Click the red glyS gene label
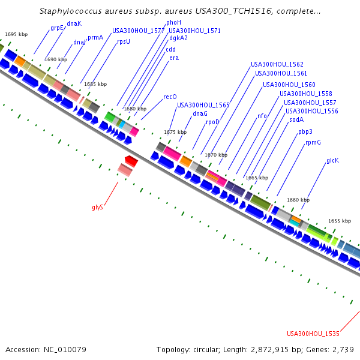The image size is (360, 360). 97,207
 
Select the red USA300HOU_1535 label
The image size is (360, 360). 313,334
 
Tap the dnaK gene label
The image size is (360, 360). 74,23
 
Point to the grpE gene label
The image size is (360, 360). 57,28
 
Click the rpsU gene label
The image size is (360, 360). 124,41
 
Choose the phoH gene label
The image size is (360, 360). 173,22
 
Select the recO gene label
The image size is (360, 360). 170,97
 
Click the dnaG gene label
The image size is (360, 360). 200,113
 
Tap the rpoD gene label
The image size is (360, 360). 212,122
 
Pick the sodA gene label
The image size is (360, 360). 296,119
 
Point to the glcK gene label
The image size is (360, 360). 332,160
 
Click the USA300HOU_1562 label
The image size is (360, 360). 277,64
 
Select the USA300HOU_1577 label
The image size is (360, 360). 138,31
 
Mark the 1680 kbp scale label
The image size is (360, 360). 134,109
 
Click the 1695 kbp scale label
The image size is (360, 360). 16,34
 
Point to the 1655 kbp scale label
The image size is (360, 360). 339,221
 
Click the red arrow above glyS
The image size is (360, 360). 131,161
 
